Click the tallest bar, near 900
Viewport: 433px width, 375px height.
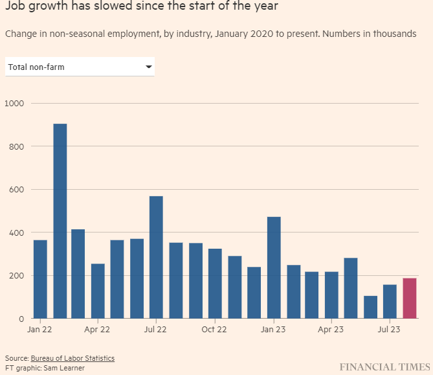pyautogui.click(x=60, y=220)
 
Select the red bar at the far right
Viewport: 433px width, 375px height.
pyautogui.click(x=409, y=298)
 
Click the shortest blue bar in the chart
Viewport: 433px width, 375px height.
pyautogui.click(x=370, y=307)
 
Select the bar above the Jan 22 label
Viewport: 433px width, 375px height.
pyautogui.click(x=40, y=279)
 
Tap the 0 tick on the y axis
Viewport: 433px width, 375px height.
pyautogui.click(x=21, y=319)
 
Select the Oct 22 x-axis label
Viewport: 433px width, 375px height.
pyautogui.click(x=214, y=329)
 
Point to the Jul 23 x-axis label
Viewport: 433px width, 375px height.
pyautogui.click(x=388, y=329)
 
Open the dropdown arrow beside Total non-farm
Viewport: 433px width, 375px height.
pyautogui.click(x=148, y=67)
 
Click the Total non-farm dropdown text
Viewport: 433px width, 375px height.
pyautogui.click(x=36, y=67)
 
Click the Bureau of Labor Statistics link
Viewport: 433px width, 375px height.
pyautogui.click(x=72, y=358)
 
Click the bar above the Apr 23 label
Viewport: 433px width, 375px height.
pyautogui.click(x=331, y=295)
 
